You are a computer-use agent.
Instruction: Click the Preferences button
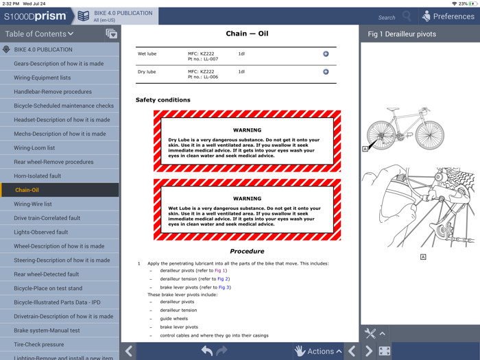click(x=448, y=16)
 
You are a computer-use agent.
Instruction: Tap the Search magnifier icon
click(x=407, y=16)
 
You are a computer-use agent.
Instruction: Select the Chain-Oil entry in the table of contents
click(x=27, y=190)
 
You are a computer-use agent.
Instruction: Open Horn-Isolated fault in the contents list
click(x=37, y=176)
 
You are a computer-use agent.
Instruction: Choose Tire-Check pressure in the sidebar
click(x=39, y=344)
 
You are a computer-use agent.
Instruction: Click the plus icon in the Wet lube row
click(x=326, y=54)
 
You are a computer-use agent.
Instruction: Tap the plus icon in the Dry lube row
click(x=326, y=71)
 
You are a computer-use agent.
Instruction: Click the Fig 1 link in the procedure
click(x=220, y=270)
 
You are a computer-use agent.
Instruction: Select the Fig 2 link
click(x=223, y=279)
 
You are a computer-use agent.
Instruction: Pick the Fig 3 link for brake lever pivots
click(x=224, y=287)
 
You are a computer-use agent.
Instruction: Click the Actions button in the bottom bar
click(x=318, y=351)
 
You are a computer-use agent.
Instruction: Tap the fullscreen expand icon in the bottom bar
click(x=385, y=351)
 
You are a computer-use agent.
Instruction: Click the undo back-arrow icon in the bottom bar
click(x=207, y=351)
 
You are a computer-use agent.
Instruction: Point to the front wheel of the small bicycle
click(x=429, y=135)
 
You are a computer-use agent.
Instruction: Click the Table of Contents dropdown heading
click(x=39, y=34)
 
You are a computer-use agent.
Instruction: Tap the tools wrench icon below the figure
click(x=370, y=333)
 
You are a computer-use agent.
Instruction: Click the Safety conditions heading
click(x=163, y=100)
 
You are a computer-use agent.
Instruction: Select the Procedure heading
click(x=247, y=251)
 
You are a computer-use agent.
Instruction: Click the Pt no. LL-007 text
click(x=203, y=59)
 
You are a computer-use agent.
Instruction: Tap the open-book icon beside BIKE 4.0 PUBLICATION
click(x=83, y=16)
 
